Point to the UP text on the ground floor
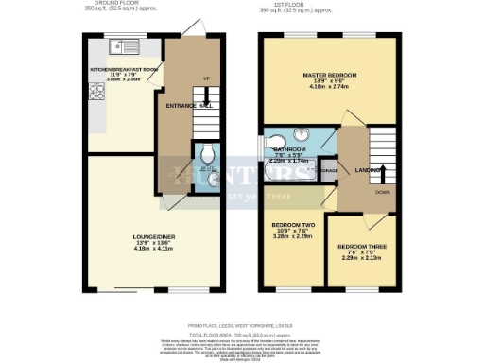[x=206, y=78]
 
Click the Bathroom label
[x=289, y=150]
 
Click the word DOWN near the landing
[x=383, y=190]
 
